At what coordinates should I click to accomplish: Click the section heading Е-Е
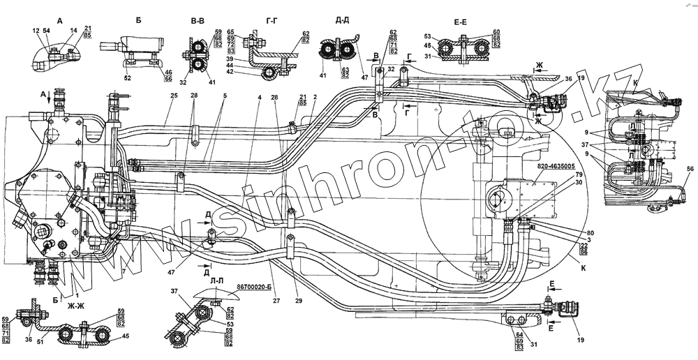click(461, 22)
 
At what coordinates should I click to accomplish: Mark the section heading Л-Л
click(217, 280)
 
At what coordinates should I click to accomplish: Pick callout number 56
click(690, 170)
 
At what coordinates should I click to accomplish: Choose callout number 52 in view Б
click(127, 77)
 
